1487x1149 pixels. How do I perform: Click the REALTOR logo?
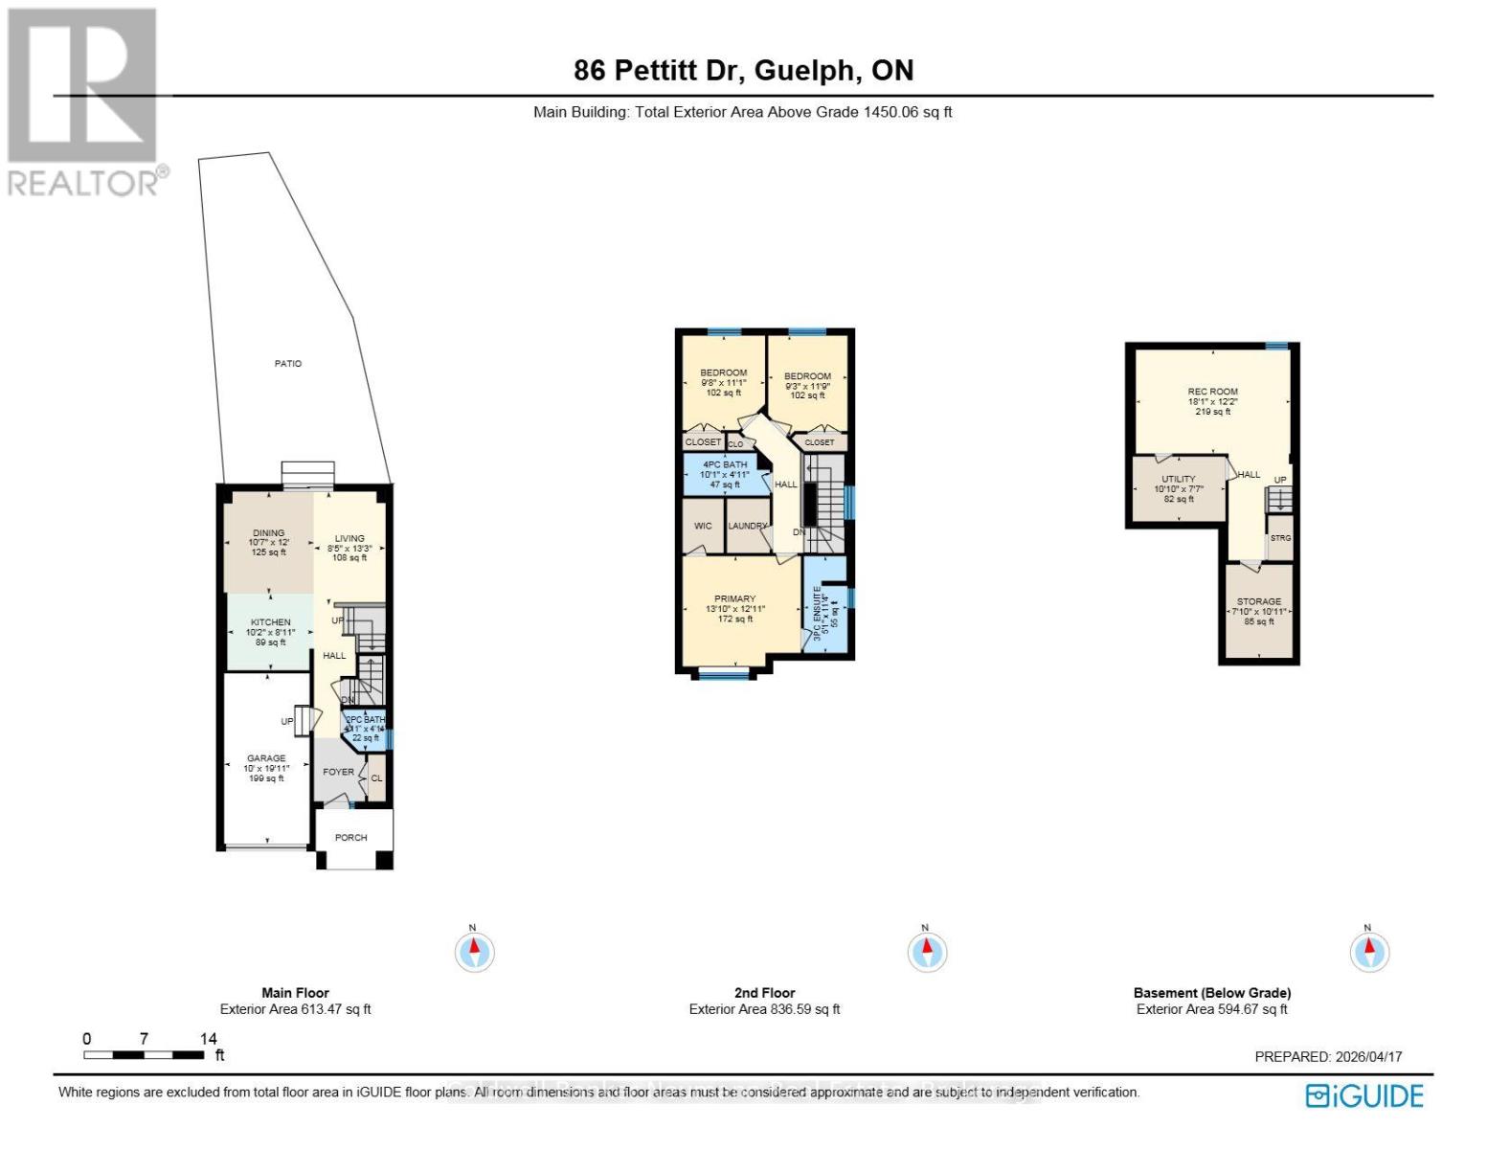(x=83, y=101)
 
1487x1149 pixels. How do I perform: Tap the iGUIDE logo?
(x=1364, y=1095)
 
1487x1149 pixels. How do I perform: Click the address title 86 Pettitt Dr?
(x=743, y=70)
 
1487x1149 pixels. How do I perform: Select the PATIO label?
(x=287, y=364)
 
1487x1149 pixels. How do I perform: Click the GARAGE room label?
(x=266, y=758)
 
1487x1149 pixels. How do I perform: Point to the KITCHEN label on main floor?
(x=270, y=622)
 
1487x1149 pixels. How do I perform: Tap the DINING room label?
(x=269, y=533)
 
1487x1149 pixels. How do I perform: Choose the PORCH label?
(x=350, y=838)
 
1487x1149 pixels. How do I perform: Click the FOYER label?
(x=338, y=772)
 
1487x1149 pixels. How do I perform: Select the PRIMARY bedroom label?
(x=734, y=599)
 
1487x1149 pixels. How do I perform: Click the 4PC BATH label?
(x=725, y=464)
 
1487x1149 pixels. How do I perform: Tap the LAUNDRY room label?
(x=748, y=526)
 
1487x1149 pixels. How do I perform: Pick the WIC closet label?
(x=703, y=526)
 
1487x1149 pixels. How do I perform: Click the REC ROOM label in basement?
(x=1212, y=392)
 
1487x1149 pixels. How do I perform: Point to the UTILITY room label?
(x=1178, y=479)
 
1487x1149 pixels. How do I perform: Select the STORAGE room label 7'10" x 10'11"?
(x=1258, y=602)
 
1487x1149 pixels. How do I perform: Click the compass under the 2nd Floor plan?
(x=926, y=952)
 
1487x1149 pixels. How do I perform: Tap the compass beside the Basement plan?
(x=1368, y=952)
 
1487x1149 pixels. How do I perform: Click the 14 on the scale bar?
(x=209, y=1039)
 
